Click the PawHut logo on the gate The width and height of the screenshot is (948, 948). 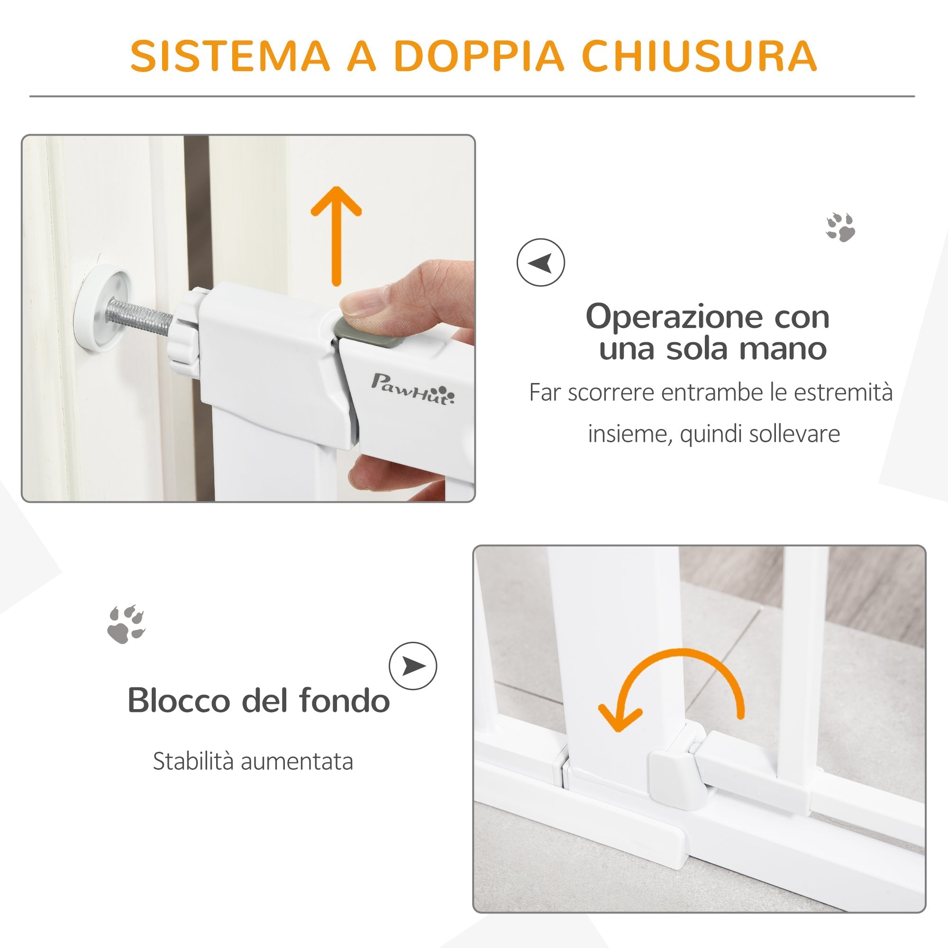(413, 388)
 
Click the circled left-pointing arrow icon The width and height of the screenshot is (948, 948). (541, 263)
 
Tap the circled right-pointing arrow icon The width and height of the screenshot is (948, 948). (413, 666)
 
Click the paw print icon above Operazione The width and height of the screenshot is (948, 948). (840, 227)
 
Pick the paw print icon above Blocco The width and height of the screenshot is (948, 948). (126, 624)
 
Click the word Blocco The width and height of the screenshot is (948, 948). (179, 700)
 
